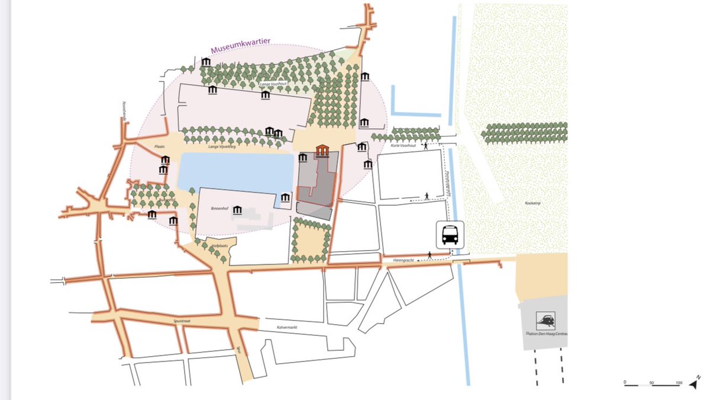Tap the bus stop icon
(x=450, y=234)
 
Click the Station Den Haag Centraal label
(x=547, y=334)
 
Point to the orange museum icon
(x=322, y=151)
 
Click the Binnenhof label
(x=219, y=210)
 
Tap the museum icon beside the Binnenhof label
(x=238, y=210)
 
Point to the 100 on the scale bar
(x=679, y=382)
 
